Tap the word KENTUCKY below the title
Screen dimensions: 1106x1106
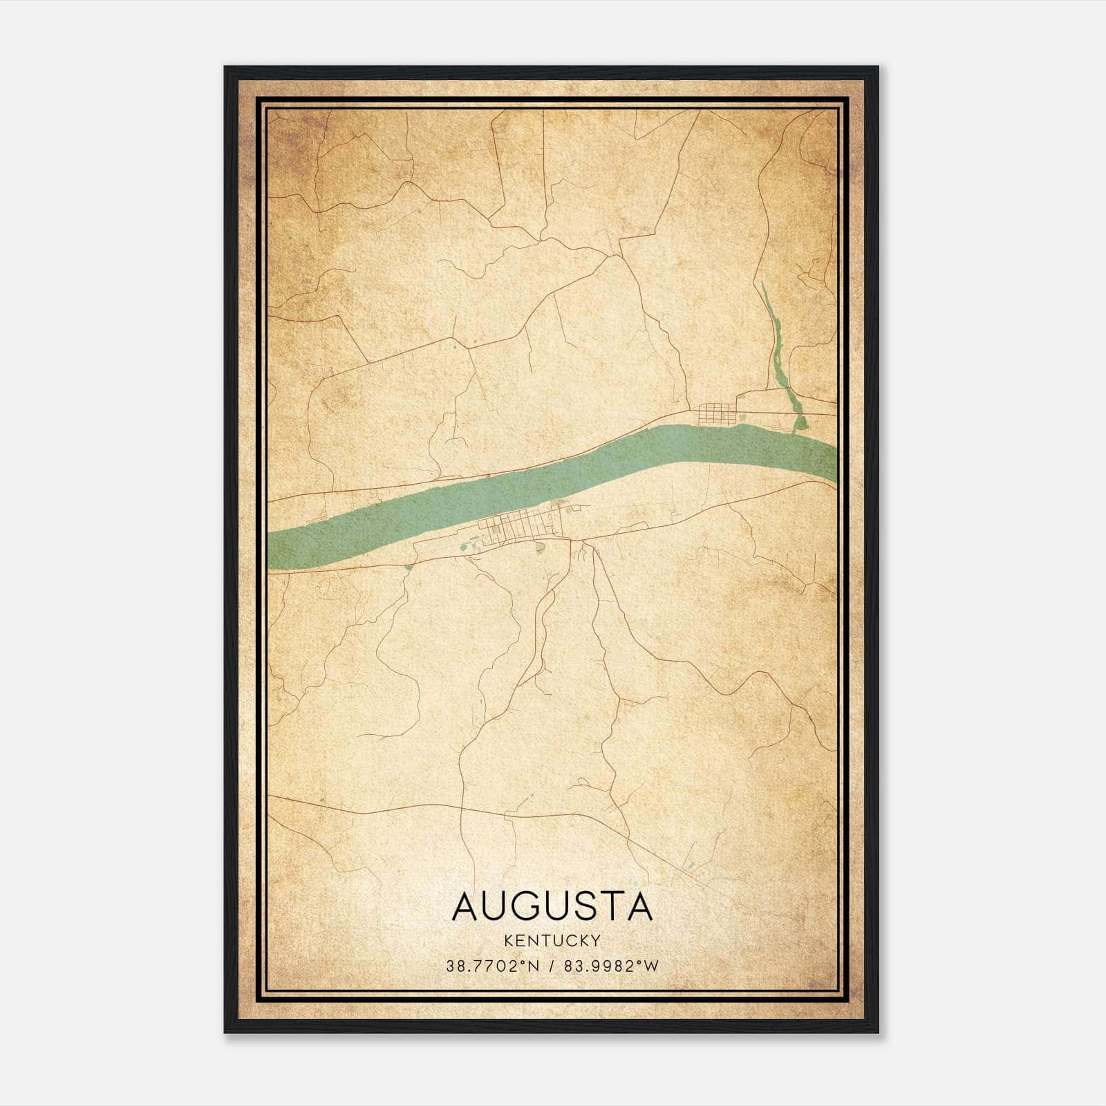pyautogui.click(x=552, y=940)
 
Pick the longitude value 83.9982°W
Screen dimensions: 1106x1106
pyautogui.click(x=612, y=966)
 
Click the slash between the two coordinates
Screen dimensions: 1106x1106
pyautogui.click(x=552, y=966)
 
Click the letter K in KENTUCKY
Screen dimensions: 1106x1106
pyautogui.click(x=509, y=940)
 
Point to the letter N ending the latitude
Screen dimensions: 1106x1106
pyautogui.click(x=534, y=966)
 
